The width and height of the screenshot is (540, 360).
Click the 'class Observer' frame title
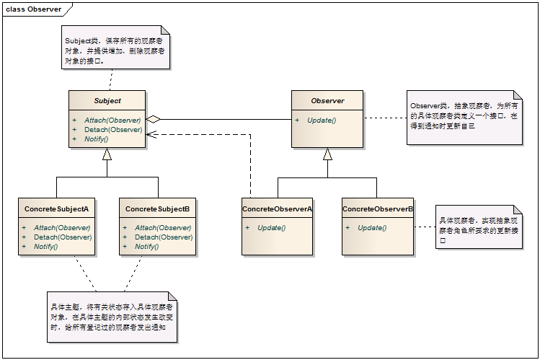click(x=33, y=9)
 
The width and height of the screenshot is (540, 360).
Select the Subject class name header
click(x=107, y=100)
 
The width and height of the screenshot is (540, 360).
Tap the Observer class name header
click(x=327, y=100)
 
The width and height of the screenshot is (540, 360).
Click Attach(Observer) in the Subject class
click(x=112, y=120)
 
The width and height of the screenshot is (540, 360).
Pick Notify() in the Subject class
click(x=97, y=139)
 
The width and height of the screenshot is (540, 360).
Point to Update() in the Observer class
click(x=322, y=120)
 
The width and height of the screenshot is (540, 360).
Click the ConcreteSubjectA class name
click(x=56, y=208)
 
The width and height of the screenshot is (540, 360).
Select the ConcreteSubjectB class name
click(x=157, y=208)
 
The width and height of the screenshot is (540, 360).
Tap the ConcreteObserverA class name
click(x=278, y=208)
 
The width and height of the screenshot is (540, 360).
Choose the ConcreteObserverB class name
click(x=378, y=208)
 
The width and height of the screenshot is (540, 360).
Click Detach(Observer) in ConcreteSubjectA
click(x=63, y=237)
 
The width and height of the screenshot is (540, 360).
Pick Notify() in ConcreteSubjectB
click(x=146, y=247)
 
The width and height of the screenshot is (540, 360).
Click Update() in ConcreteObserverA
click(x=272, y=228)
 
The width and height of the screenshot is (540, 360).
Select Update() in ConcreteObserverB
click(x=372, y=228)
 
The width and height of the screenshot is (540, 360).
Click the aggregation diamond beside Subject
click(x=154, y=120)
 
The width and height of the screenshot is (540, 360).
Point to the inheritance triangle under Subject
click(x=107, y=154)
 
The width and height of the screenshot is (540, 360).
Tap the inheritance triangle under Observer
click(x=327, y=154)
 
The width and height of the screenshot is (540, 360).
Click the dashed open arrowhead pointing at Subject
click(x=151, y=134)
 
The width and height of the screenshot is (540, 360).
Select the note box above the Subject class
click(x=115, y=47)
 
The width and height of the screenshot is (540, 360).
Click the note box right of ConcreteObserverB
click(x=479, y=227)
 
